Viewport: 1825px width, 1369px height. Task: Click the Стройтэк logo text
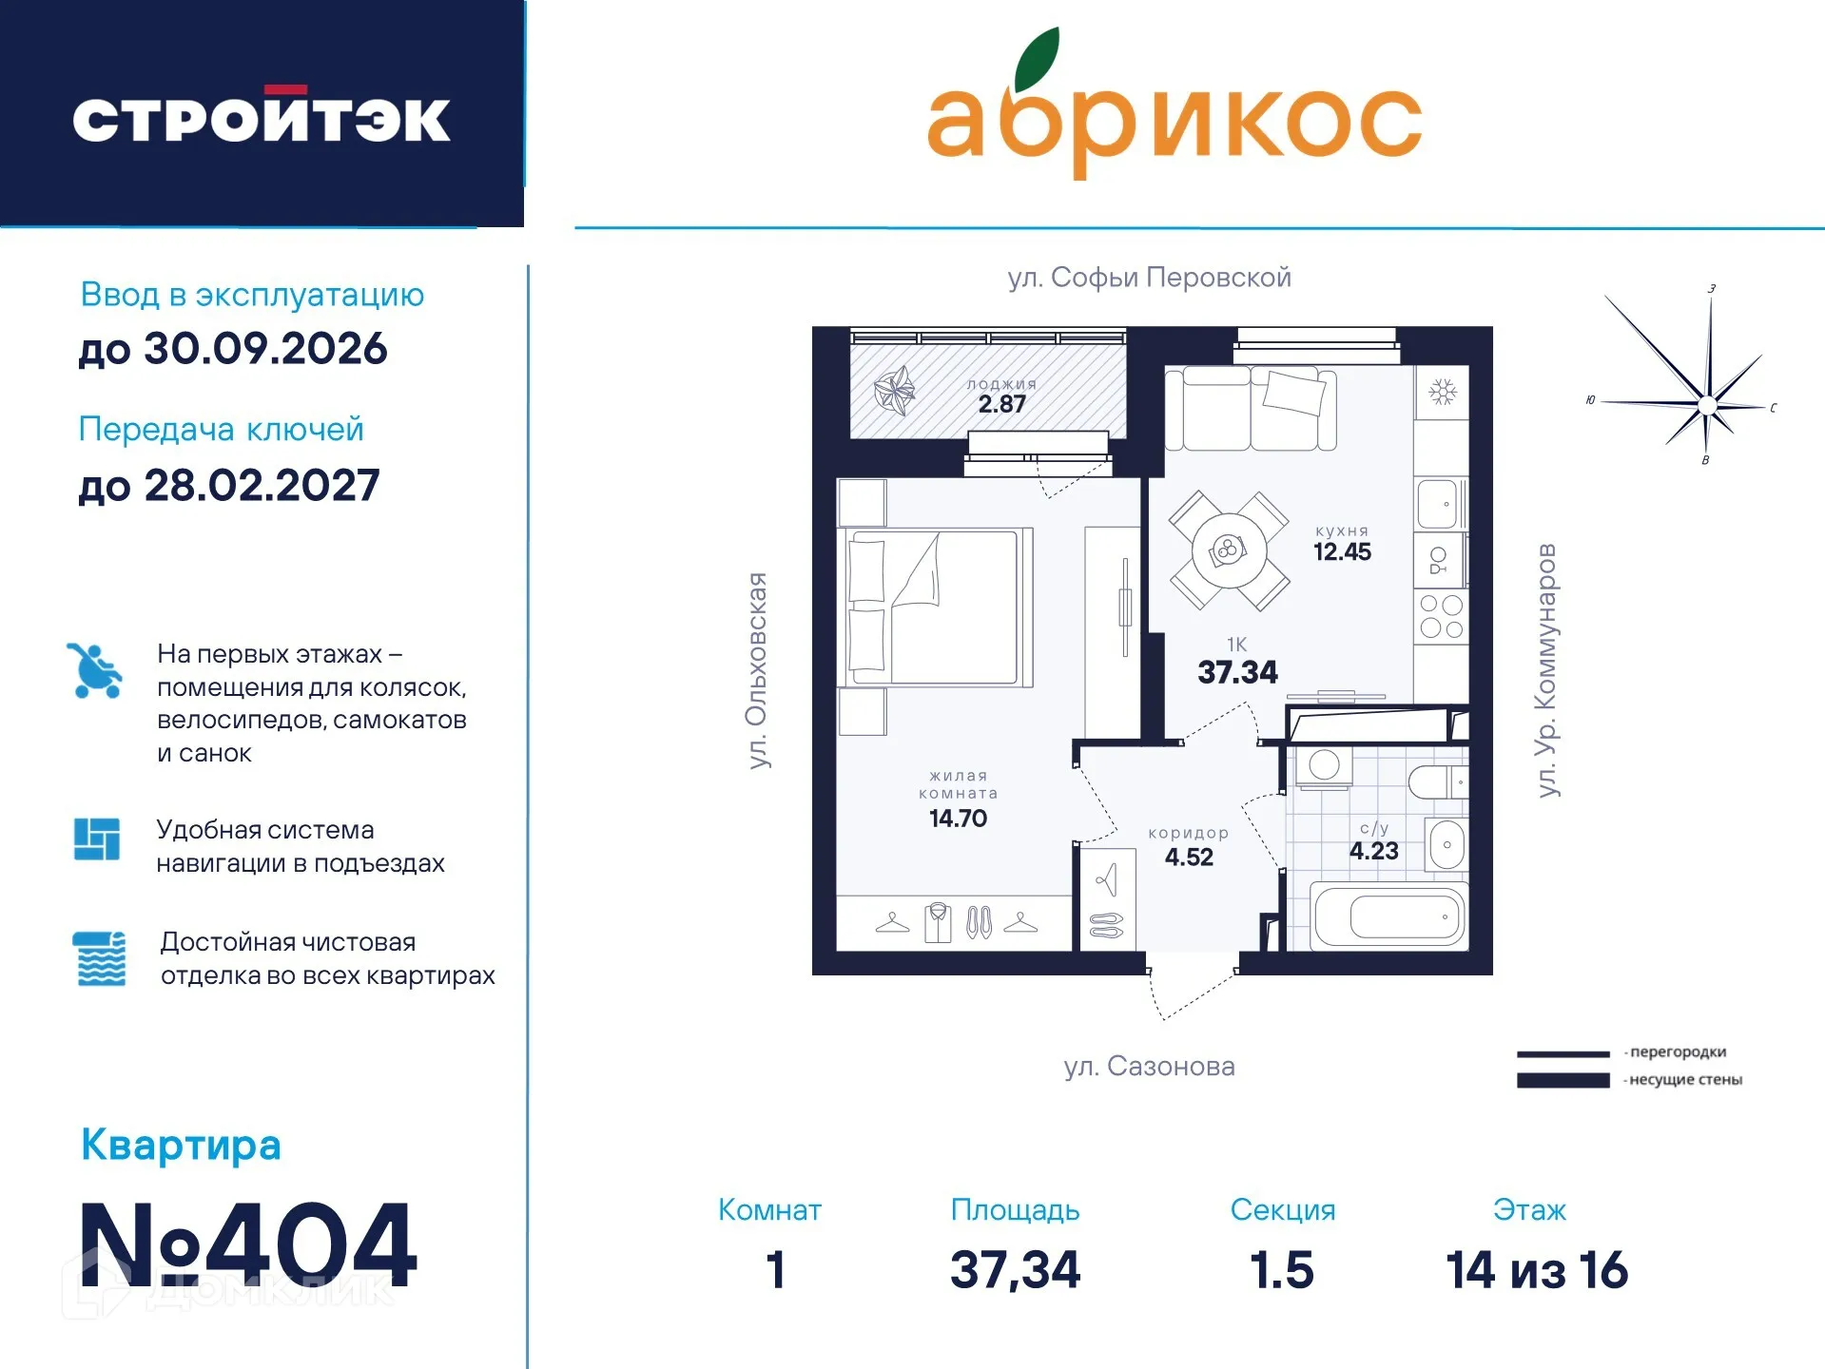[262, 120]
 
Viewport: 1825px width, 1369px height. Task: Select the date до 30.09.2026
[233, 349]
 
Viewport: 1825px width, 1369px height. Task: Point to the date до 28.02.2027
[229, 486]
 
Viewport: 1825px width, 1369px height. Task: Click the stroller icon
[95, 670]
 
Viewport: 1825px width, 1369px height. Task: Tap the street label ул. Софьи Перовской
[1149, 278]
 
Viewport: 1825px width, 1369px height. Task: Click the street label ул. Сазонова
[1149, 1067]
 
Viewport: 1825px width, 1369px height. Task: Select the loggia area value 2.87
[1002, 404]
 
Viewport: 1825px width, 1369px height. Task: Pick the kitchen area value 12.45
[1342, 552]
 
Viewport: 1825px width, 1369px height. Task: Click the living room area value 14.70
[958, 819]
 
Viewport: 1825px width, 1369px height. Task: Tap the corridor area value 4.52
[1189, 858]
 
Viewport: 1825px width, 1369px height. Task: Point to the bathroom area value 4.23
[1373, 851]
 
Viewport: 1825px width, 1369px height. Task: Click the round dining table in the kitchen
[1229, 550]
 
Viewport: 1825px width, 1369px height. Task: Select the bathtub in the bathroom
[1388, 917]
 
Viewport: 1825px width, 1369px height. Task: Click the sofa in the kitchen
[1251, 409]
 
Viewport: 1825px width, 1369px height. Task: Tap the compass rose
[1706, 404]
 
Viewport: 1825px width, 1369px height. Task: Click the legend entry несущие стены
[1684, 1080]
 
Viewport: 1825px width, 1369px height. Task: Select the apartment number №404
[248, 1244]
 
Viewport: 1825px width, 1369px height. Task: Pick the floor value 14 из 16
[1537, 1271]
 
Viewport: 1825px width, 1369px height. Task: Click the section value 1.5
[1282, 1271]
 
